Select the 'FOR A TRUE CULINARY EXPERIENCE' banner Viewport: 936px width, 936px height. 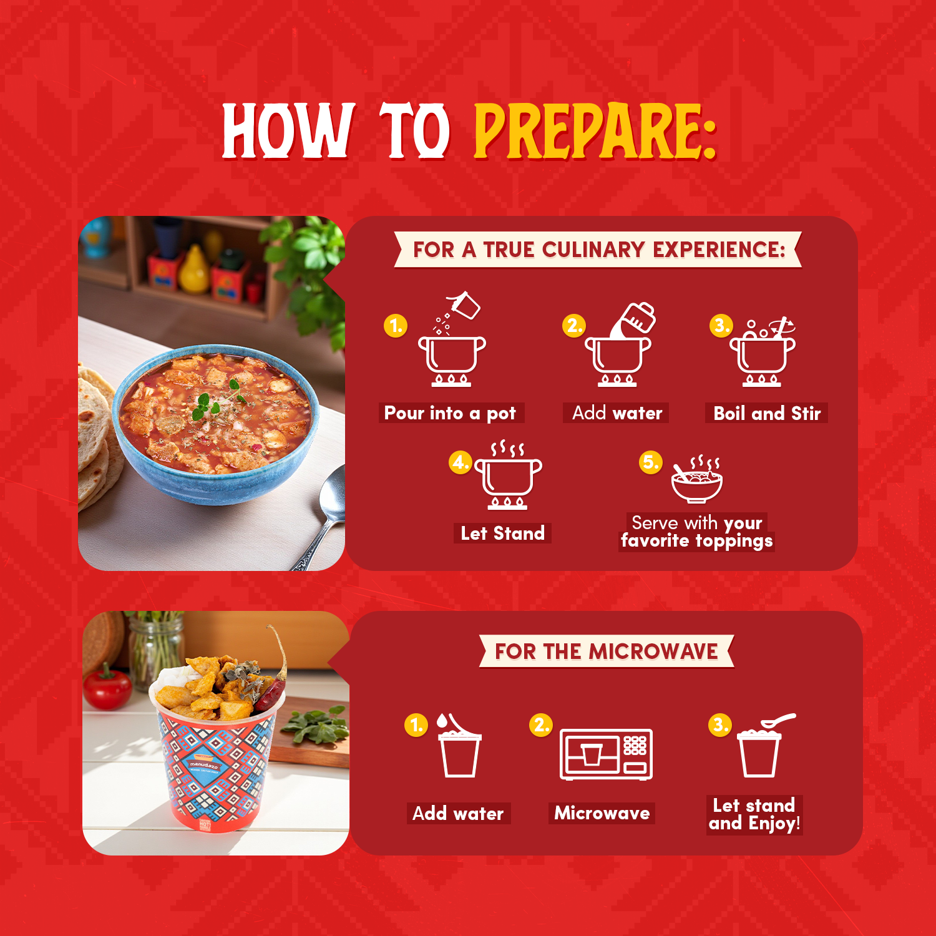(598, 250)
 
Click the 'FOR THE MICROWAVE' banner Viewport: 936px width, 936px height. (607, 651)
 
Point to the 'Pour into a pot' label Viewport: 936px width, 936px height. (451, 413)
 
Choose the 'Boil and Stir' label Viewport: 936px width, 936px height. (767, 413)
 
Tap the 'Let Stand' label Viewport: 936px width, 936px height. (502, 534)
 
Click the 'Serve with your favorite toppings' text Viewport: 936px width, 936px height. (697, 532)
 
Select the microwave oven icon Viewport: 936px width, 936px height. (606, 754)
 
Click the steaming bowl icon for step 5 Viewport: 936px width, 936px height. (697, 479)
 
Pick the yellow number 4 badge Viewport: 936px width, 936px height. (461, 462)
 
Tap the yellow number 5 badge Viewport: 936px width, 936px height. (650, 462)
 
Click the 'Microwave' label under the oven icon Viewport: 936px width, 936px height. (602, 813)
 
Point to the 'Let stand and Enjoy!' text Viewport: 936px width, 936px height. (754, 814)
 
